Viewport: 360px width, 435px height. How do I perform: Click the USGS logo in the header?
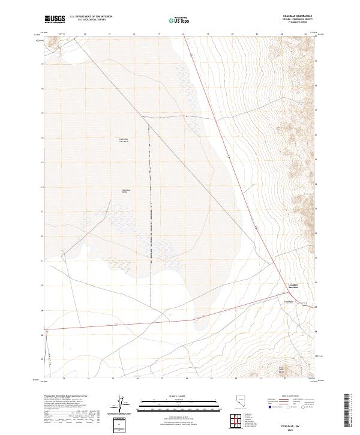click(55, 19)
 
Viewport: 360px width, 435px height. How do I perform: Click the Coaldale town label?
click(287, 301)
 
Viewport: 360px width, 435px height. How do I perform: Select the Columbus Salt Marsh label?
click(124, 140)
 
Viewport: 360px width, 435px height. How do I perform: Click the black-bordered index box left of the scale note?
click(121, 424)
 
